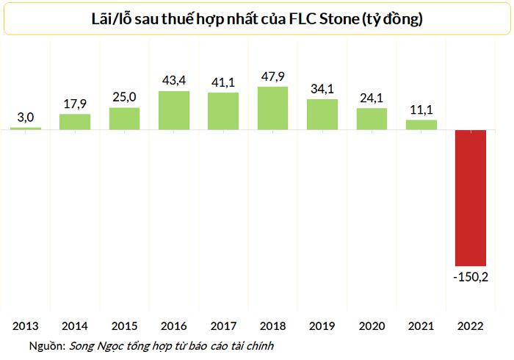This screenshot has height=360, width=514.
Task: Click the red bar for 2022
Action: [471, 198]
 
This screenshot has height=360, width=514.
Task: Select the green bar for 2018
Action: [273, 108]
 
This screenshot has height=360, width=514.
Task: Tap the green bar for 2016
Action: [174, 110]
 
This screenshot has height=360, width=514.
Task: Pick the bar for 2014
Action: [75, 122]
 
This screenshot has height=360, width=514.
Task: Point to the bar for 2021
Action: [421, 125]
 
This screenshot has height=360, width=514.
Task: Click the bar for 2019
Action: [322, 115]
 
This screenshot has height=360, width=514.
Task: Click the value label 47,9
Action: [273, 76]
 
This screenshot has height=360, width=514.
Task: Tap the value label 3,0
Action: [26, 116]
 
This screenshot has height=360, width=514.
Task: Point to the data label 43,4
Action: [174, 79]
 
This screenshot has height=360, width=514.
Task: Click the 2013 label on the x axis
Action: [26, 325]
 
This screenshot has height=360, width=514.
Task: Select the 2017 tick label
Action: [223, 325]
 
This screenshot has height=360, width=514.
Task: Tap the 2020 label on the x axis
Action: [372, 325]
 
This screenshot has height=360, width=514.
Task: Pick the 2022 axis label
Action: [471, 325]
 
